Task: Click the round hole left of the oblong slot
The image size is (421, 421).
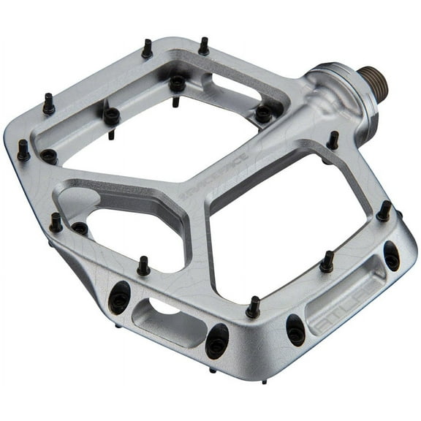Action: tap(118, 295)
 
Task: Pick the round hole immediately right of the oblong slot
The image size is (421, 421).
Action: tap(217, 340)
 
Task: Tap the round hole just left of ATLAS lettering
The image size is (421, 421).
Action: tap(296, 330)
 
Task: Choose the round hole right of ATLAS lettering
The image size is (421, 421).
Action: tap(392, 256)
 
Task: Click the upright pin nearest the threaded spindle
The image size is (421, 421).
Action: tap(333, 140)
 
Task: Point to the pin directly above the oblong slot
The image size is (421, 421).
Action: tap(143, 266)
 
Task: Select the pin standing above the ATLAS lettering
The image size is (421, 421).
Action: tap(327, 262)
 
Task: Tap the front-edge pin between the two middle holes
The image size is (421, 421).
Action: tap(253, 307)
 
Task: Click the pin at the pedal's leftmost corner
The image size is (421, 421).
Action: tap(23, 151)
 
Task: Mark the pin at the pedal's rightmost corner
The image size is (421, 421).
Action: tap(384, 211)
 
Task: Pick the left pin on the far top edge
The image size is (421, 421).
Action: tap(147, 49)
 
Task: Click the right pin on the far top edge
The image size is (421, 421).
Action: tap(203, 45)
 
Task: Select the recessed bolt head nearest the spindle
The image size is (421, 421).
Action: tap(263, 113)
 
